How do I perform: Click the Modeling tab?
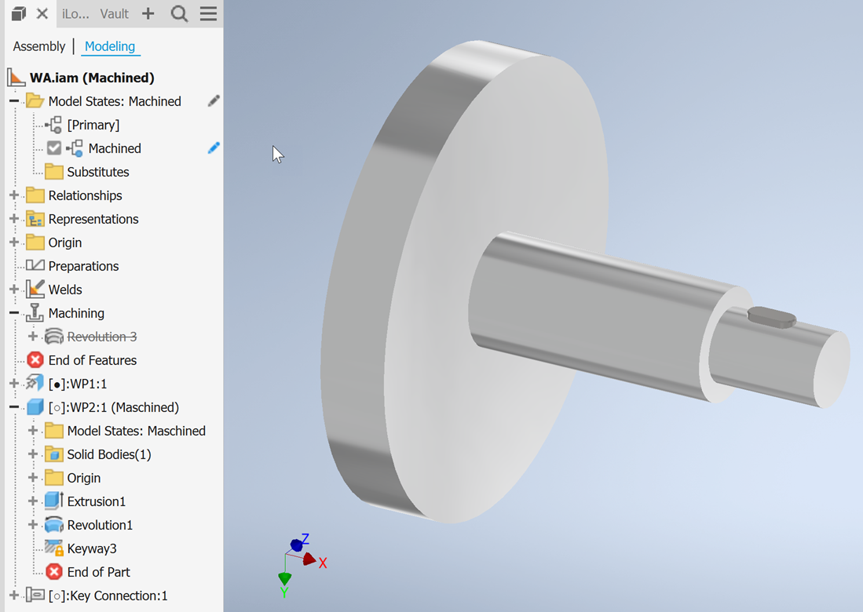point(109,46)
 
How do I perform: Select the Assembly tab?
point(39,46)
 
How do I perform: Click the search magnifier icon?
point(179,14)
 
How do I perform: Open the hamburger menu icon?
point(208,14)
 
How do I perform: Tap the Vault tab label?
point(114,14)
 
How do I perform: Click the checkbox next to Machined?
point(54,148)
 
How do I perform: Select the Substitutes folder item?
point(97,172)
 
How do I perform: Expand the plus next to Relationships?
point(14,195)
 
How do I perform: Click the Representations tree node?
point(93,219)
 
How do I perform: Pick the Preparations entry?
point(83,266)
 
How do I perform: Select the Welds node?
point(64,290)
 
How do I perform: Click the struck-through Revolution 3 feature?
point(101,337)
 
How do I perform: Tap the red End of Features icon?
point(35,360)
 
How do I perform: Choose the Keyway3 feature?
point(91,548)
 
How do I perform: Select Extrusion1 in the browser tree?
point(96,501)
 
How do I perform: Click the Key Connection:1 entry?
point(108,596)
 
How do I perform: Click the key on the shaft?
point(771,317)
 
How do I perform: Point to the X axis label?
point(323,563)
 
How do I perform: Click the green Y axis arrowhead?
point(285,579)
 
